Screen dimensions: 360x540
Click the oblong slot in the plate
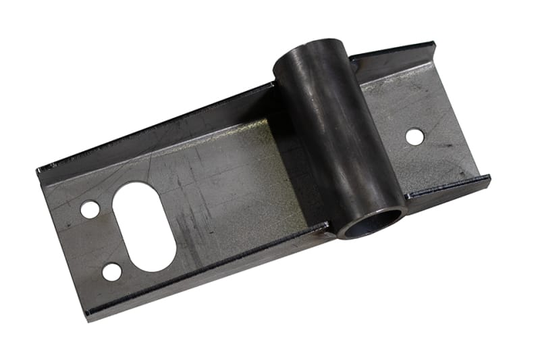click(144, 226)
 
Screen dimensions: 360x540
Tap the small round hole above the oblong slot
click(90, 209)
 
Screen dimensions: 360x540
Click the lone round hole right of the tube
click(414, 136)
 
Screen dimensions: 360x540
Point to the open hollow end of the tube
click(372, 222)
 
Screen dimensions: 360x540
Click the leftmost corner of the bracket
click(38, 170)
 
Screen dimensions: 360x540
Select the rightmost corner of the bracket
click(489, 178)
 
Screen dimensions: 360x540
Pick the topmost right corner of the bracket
click(433, 45)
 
